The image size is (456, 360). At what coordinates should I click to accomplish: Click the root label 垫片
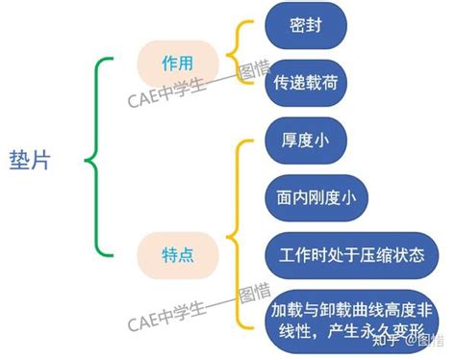[30, 160]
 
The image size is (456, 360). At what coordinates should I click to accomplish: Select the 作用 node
[178, 64]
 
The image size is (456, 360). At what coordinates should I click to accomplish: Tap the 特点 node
[178, 255]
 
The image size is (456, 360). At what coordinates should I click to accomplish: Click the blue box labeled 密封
[306, 25]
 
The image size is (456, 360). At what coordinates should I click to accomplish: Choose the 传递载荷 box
[306, 83]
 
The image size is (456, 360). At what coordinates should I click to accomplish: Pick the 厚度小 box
[306, 141]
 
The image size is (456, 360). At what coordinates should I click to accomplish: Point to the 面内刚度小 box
[317, 198]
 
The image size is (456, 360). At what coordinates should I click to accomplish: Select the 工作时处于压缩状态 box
[351, 255]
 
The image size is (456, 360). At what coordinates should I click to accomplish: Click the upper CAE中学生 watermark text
[199, 84]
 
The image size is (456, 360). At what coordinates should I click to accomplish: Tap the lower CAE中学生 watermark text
[199, 307]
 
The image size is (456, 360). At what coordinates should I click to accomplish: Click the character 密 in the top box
[297, 25]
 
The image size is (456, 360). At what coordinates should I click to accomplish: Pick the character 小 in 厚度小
[321, 141]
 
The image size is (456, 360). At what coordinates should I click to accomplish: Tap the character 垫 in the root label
[19, 160]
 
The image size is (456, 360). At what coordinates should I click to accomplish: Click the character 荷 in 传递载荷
[330, 83]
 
